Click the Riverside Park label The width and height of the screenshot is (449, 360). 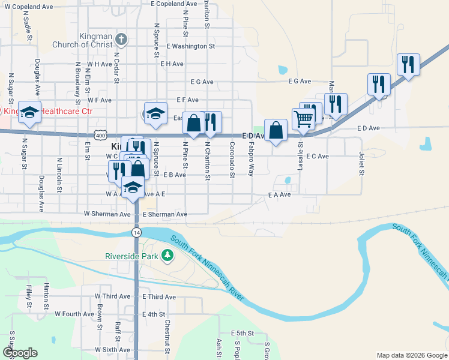coord(131,256)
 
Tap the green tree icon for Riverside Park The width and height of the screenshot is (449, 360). coord(167,256)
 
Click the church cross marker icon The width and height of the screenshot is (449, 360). coord(121,40)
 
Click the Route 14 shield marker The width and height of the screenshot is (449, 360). coord(137,232)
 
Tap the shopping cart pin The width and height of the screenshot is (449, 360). coord(303,119)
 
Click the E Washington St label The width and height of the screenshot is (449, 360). coord(190,46)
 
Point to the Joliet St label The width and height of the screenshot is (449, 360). coord(361,164)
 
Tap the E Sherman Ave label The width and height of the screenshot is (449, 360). coord(164,214)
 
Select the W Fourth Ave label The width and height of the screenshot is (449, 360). coord(74,313)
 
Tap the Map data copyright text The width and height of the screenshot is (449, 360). coord(411,355)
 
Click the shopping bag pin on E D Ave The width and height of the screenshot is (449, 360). coord(275,130)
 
